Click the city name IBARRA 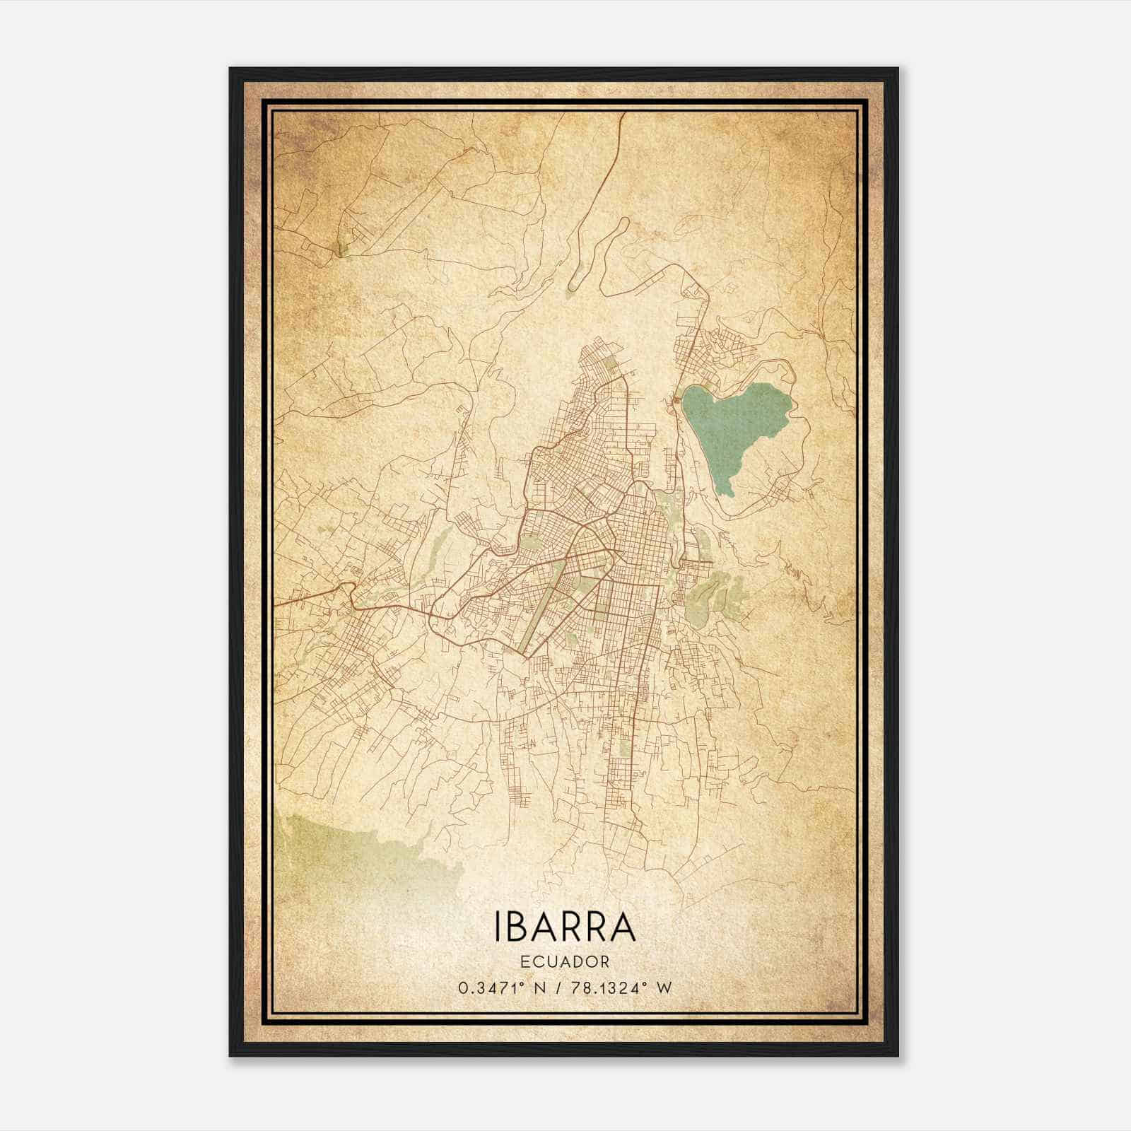[565, 928]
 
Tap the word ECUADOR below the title [565, 961]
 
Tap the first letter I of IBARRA [500, 928]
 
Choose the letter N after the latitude [541, 988]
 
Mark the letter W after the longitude [663, 988]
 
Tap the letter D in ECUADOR [574, 961]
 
